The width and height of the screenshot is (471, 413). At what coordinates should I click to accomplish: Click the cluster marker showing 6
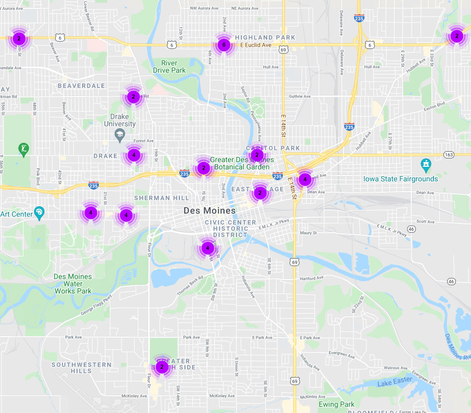coord(224,45)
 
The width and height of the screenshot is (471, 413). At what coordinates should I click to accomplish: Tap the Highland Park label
coord(265,37)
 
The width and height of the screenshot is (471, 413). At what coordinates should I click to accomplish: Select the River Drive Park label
coord(169,66)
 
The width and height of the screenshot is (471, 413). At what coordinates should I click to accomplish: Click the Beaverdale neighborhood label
coord(81,86)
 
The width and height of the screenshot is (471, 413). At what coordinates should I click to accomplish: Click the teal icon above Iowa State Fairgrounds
coord(426,166)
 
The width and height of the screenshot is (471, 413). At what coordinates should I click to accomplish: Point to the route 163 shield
coord(449,155)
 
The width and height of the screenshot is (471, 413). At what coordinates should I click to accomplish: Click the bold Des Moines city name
coord(210,211)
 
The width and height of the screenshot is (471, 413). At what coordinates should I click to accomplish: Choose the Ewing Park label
coord(336,404)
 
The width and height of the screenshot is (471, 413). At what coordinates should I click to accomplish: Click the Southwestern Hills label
coord(81,368)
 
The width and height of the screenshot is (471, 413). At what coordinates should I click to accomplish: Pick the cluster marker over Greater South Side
coord(162,367)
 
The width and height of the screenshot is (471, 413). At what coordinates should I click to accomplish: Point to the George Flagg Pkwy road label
coord(96,306)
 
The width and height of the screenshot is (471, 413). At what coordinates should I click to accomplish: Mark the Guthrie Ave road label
coord(299,96)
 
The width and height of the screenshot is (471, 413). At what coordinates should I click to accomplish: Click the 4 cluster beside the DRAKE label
coord(134,154)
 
